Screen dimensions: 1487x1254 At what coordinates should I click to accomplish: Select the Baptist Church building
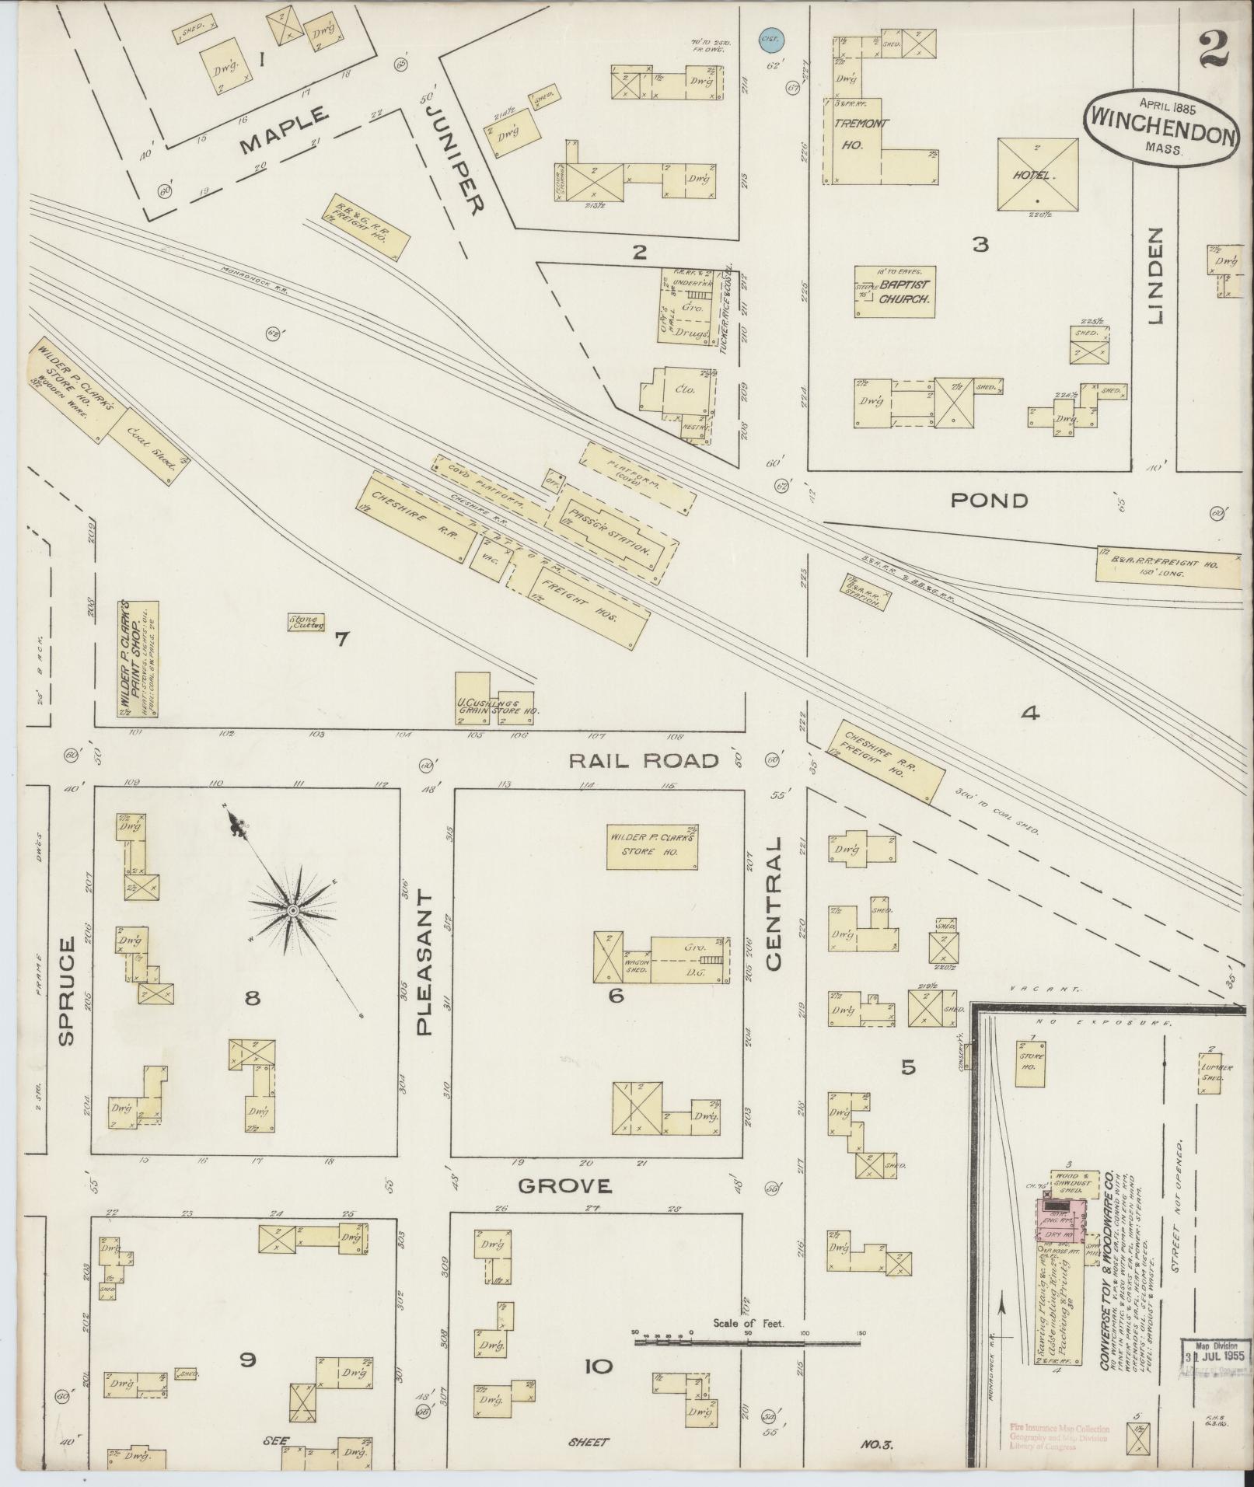[x=894, y=291]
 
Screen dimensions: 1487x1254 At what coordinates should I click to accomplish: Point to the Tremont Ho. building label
[x=852, y=134]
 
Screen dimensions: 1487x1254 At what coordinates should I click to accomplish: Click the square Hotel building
[x=1037, y=174]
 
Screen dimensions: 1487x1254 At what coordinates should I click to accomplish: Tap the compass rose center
[x=293, y=909]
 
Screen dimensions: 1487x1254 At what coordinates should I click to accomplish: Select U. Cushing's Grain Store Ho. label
[x=494, y=707]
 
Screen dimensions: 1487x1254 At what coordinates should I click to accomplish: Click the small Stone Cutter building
[x=306, y=622]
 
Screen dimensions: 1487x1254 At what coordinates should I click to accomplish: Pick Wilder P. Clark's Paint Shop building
[x=138, y=658]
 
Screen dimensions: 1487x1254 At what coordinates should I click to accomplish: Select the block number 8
[x=252, y=997]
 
